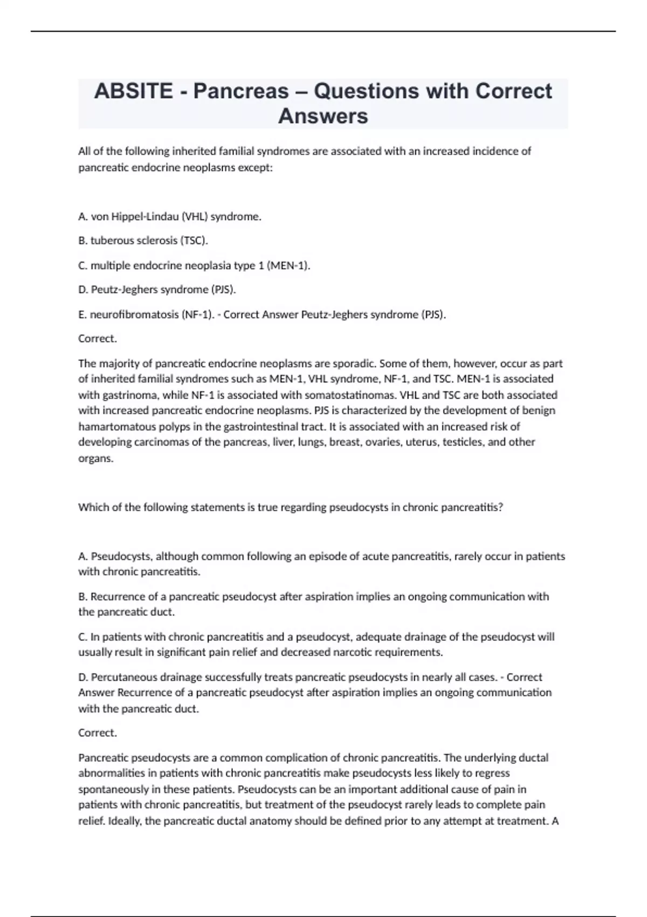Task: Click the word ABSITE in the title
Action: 133,91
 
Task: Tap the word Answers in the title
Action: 323,116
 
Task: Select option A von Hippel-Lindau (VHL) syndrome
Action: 169,217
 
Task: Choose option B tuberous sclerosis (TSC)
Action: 143,241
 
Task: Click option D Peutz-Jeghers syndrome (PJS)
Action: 157,290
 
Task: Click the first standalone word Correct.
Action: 97,339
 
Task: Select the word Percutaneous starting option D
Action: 126,677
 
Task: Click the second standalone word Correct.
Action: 97,733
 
